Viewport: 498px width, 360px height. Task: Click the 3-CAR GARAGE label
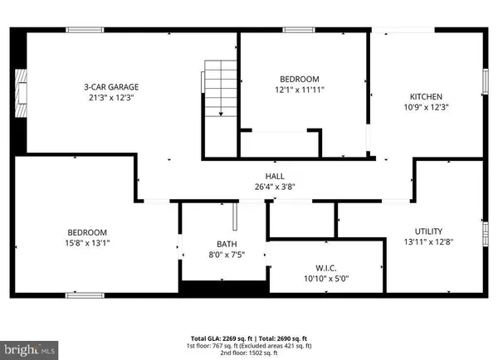[x=110, y=86]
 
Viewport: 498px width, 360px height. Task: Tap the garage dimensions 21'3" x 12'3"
[x=110, y=98]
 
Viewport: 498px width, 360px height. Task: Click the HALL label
[x=275, y=175]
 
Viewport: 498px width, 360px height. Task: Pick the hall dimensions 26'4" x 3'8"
[x=275, y=187]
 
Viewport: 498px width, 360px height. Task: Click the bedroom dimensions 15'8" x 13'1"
[x=87, y=243]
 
